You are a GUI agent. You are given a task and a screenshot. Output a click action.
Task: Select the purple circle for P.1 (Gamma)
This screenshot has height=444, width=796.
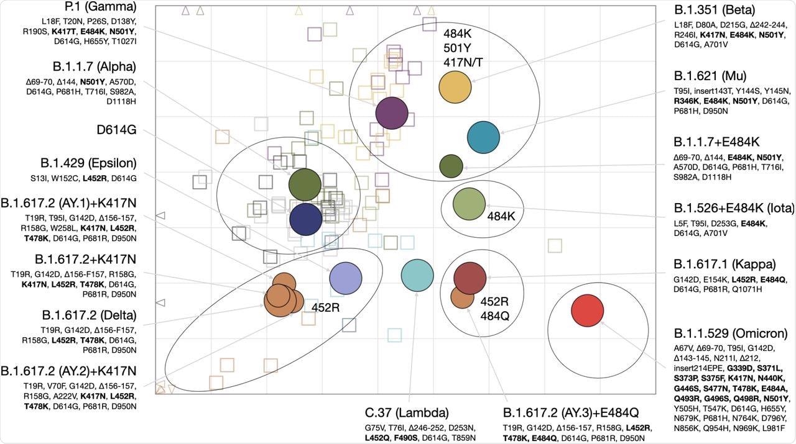(392, 113)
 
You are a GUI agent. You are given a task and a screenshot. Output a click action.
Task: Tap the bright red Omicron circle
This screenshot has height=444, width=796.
(588, 310)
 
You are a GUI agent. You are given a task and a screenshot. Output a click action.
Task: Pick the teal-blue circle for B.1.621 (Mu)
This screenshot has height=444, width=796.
(483, 137)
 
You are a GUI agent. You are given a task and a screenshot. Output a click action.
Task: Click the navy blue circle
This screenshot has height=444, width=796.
(306, 219)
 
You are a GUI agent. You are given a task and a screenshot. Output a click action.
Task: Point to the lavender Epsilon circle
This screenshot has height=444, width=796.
(345, 278)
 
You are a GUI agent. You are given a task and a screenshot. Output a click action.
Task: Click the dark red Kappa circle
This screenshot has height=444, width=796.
(470, 278)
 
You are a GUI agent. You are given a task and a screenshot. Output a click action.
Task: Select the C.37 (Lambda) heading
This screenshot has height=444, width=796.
(407, 413)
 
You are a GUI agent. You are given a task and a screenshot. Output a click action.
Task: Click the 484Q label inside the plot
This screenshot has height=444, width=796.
(494, 315)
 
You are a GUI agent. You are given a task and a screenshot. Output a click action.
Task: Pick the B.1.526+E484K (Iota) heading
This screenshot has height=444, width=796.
(734, 208)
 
